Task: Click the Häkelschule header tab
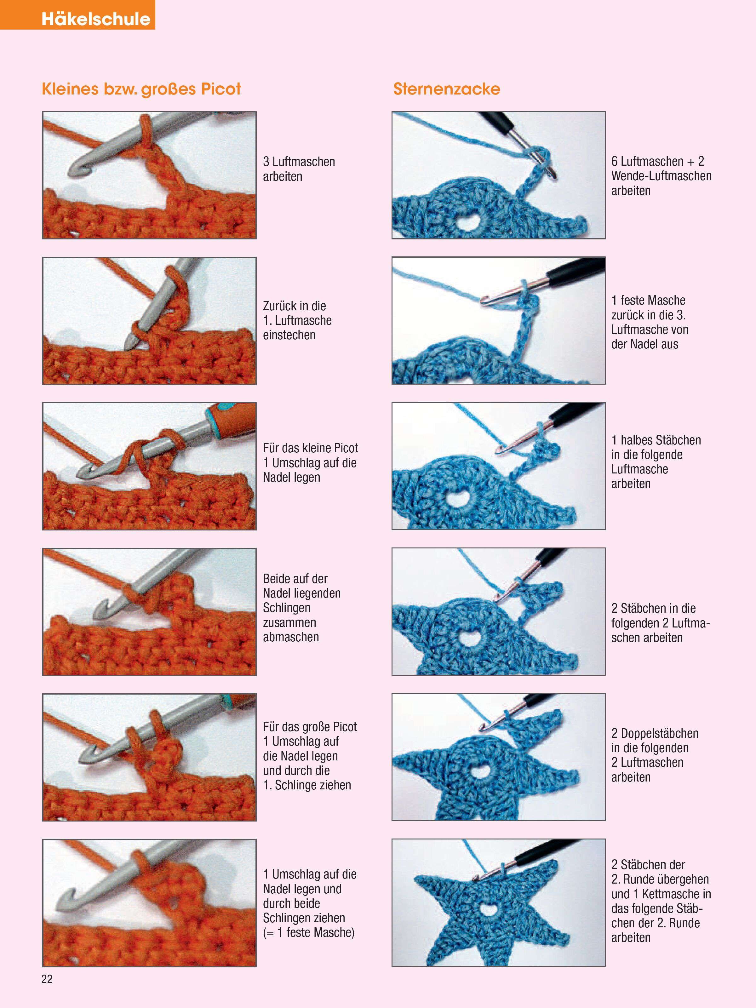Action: point(77,14)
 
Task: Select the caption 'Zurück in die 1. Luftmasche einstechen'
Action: point(297,320)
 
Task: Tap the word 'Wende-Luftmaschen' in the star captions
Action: point(661,176)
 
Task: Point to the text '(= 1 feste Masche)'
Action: point(308,933)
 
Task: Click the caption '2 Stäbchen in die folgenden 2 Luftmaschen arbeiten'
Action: point(660,623)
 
